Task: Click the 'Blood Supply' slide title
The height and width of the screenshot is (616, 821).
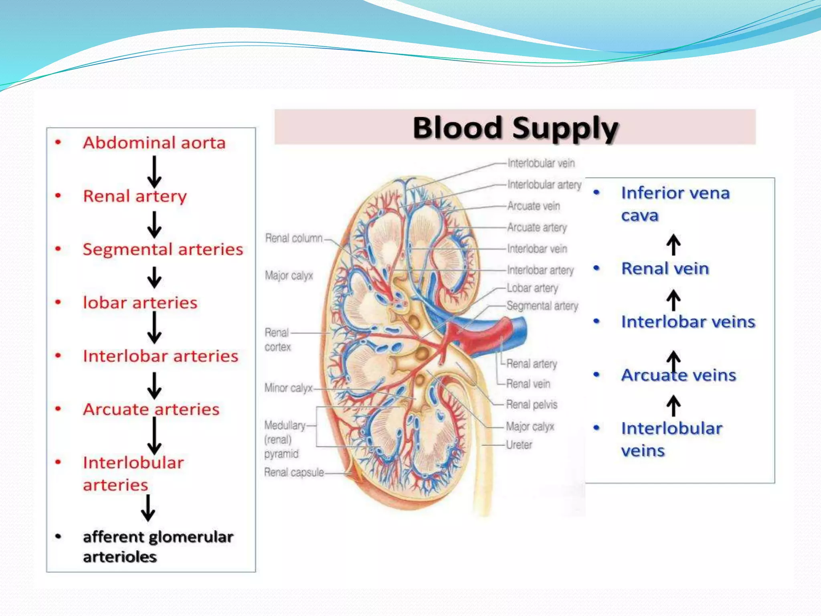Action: click(515, 128)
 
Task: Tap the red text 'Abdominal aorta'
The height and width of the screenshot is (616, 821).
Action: click(154, 143)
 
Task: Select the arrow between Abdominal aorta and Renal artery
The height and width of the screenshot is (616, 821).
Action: click(154, 172)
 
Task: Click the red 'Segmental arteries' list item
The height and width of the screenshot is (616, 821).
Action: click(163, 249)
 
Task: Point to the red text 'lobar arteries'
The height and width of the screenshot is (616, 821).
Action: click(140, 303)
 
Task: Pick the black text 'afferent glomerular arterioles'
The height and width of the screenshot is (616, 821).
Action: click(158, 546)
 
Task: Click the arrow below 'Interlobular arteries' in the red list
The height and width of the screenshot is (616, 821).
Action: click(148, 508)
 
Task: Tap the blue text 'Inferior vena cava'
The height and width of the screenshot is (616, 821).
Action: click(675, 204)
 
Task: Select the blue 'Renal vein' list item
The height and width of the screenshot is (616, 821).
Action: click(665, 269)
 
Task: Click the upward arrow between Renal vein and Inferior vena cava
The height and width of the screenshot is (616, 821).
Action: click(673, 245)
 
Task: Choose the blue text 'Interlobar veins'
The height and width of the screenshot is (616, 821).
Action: click(688, 322)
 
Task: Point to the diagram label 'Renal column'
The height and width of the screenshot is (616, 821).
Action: click(294, 238)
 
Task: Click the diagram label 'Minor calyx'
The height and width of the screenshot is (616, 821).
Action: click(288, 388)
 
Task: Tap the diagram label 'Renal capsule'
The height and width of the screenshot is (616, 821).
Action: click(294, 472)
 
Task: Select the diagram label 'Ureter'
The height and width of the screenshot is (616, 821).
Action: click(519, 445)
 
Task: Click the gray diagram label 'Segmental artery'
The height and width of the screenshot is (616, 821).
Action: click(542, 306)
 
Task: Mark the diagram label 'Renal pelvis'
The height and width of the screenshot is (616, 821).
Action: click(532, 404)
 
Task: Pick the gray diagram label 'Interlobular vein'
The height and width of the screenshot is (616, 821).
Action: click(541, 163)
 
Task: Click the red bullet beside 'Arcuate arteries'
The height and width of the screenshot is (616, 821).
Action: click(59, 409)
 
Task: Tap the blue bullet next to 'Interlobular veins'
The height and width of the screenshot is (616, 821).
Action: click(597, 428)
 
